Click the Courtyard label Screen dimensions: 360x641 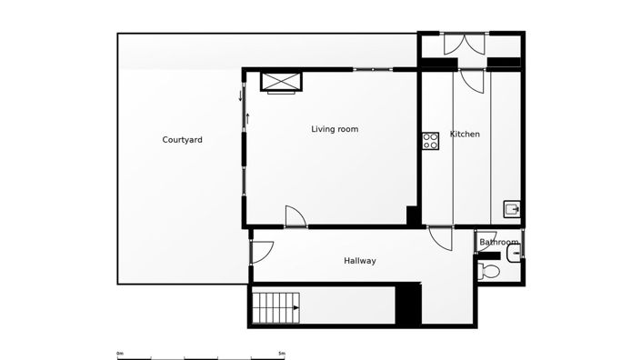click(x=182, y=140)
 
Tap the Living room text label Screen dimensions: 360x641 click(x=335, y=129)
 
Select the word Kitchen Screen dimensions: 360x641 click(x=465, y=135)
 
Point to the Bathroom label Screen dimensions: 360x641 click(x=499, y=243)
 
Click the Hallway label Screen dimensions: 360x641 click(x=359, y=261)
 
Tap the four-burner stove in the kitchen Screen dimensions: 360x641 click(x=430, y=140)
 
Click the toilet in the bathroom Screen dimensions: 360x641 click(x=489, y=271)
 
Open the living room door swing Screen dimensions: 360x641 click(x=295, y=216)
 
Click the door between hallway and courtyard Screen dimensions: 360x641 click(x=261, y=251)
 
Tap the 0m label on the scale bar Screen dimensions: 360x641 click(x=120, y=353)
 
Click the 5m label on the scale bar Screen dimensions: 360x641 click(x=281, y=353)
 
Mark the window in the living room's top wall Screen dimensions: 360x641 click(x=373, y=69)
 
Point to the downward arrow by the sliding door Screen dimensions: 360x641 click(x=241, y=95)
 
